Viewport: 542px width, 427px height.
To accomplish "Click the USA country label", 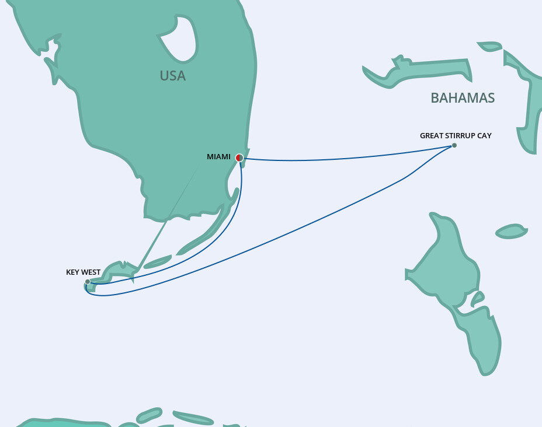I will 172,76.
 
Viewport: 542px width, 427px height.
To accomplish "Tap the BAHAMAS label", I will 463,98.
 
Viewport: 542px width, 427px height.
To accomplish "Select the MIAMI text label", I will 218,156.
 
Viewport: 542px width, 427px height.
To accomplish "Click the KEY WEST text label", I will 83,272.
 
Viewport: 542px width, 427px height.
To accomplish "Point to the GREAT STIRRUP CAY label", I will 456,135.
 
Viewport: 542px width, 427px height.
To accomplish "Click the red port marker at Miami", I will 239,157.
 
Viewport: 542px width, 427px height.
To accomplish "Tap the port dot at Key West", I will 88,282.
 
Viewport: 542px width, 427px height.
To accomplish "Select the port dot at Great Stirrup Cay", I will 454,145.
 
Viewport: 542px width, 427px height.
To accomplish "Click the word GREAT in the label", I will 431,135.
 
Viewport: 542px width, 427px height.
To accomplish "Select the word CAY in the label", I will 484,135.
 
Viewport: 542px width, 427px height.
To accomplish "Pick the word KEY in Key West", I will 73,272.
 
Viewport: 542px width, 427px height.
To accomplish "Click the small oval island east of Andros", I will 511,232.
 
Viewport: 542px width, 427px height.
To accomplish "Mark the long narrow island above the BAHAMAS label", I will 418,71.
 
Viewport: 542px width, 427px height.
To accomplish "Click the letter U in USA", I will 164,76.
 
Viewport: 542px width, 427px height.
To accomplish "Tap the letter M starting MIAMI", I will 210,156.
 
